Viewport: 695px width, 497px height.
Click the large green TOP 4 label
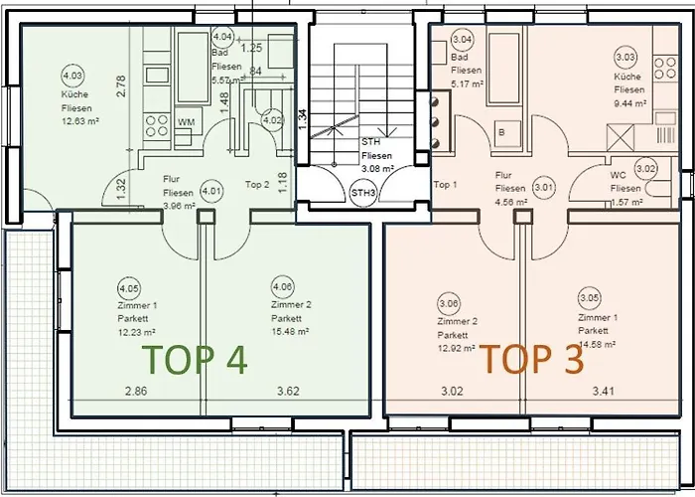[196, 359]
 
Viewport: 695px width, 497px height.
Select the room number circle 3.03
[625, 57]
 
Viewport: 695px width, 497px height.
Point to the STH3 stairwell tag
[362, 192]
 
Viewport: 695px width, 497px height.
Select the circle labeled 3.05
[589, 296]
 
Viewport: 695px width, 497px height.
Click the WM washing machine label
[186, 122]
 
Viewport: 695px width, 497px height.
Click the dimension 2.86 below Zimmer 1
[135, 392]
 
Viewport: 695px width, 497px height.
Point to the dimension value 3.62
[289, 392]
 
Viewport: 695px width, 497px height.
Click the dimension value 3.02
[452, 392]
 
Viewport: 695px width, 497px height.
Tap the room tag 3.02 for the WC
[646, 170]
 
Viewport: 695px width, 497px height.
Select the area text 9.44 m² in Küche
[629, 101]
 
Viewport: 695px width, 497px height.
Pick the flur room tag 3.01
[543, 186]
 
